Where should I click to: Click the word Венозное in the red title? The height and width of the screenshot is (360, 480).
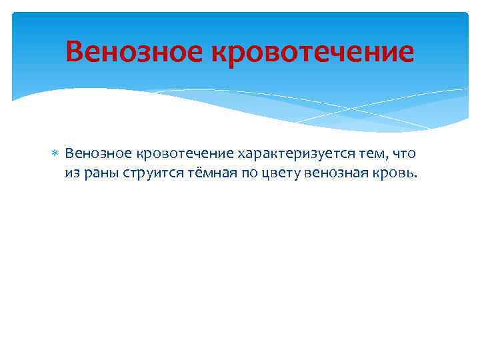134,51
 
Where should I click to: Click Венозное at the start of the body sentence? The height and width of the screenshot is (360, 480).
98,154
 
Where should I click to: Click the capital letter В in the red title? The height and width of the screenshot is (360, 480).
75,51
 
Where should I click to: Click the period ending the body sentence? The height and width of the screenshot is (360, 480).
414,177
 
